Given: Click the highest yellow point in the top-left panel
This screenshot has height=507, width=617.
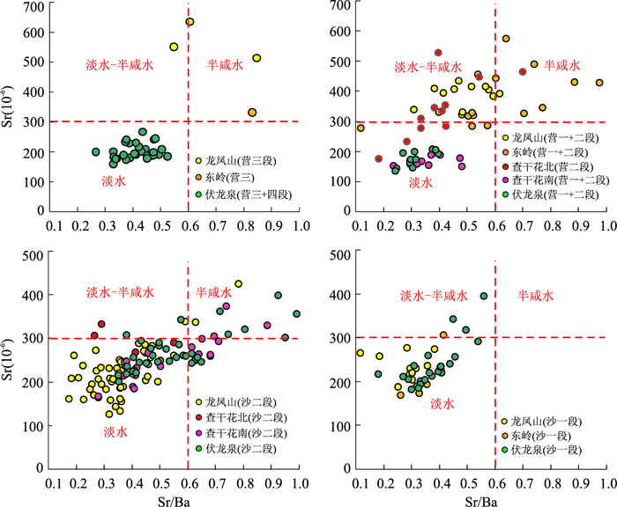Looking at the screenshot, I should (190, 22).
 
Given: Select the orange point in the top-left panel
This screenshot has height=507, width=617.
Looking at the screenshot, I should (252, 113).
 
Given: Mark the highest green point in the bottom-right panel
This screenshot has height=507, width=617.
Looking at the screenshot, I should (484, 297).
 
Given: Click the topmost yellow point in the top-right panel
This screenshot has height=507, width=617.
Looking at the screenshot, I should (506, 39).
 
